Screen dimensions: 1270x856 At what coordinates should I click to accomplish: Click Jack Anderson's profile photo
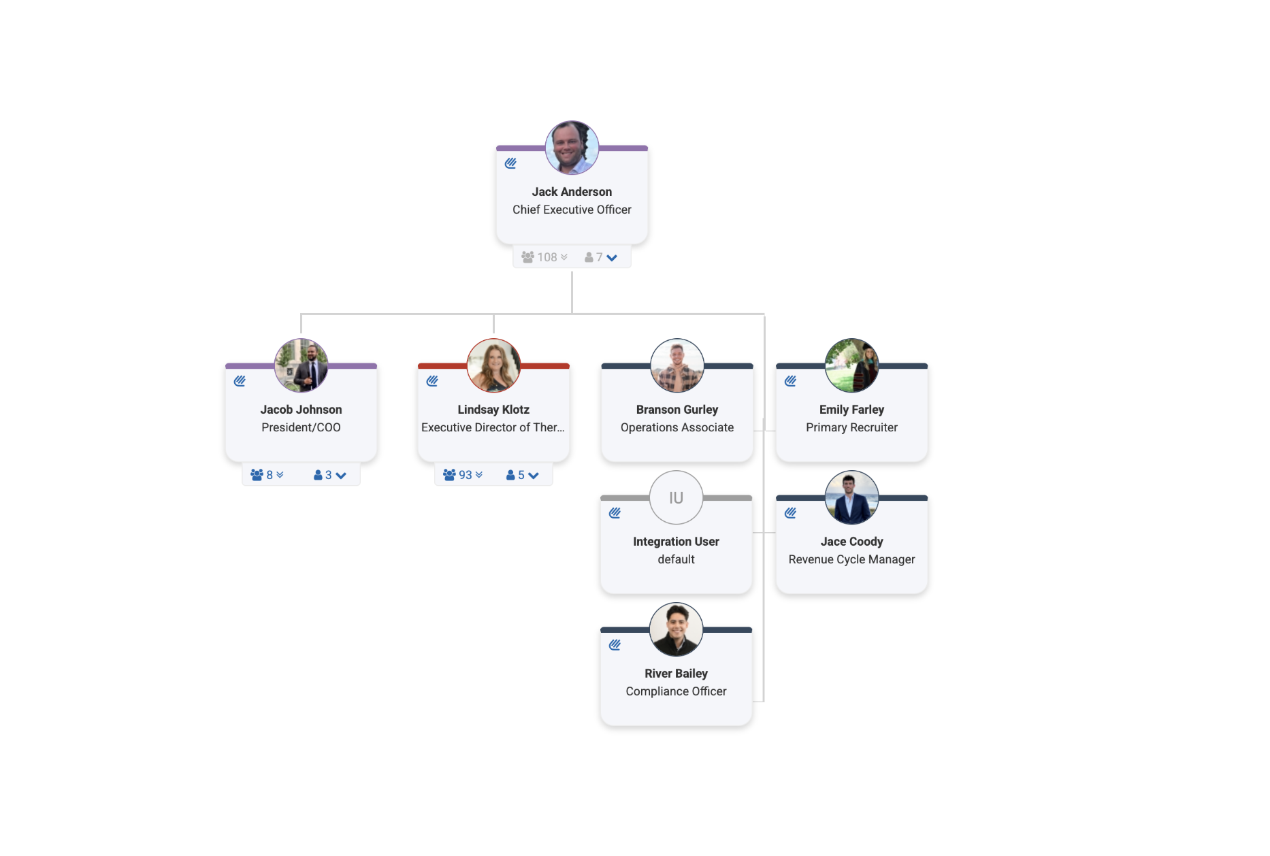pos(572,148)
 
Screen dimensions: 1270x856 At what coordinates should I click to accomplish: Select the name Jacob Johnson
pos(301,410)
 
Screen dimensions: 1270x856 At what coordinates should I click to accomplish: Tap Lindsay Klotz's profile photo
pos(493,365)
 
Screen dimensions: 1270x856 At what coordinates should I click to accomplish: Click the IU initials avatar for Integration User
pos(676,497)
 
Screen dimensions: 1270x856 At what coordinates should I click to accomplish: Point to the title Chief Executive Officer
pos(572,210)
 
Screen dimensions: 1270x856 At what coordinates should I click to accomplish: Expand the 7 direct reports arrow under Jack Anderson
pos(602,257)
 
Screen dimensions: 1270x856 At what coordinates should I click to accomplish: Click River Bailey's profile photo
pos(676,629)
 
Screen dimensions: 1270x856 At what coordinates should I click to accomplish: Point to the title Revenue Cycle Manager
pos(851,559)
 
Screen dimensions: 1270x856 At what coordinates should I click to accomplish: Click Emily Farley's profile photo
pos(851,365)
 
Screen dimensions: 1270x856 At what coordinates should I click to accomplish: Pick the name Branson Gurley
pos(677,410)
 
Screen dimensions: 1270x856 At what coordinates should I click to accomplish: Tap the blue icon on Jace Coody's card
pos(790,513)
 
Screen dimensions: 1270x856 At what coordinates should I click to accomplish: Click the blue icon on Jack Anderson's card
pos(510,163)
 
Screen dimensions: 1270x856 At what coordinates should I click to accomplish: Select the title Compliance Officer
pos(676,691)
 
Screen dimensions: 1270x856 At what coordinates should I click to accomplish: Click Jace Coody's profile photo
pos(851,497)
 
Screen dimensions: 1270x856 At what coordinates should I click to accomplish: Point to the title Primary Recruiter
pos(851,427)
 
